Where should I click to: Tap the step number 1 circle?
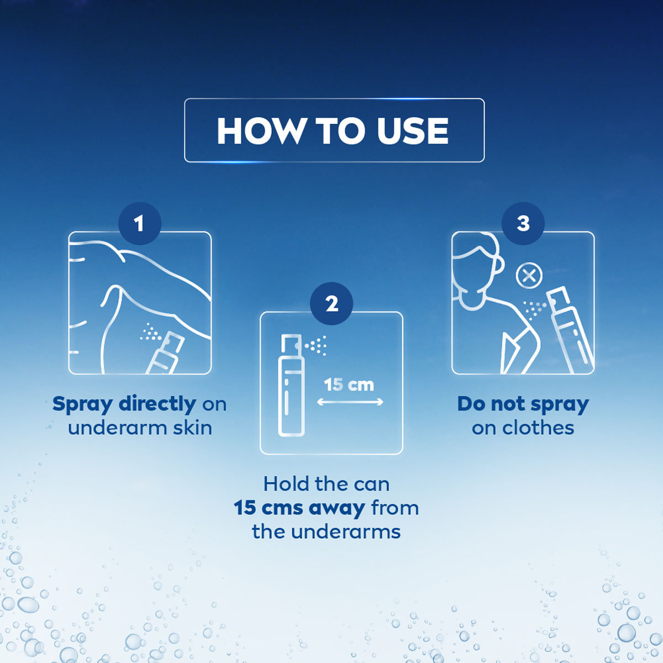click(139, 224)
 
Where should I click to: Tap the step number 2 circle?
click(331, 304)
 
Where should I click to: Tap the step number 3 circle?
click(523, 224)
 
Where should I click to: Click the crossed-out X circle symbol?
click(529, 276)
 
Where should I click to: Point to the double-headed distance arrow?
click(350, 403)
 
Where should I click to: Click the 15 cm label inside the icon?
click(349, 385)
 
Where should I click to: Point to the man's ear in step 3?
click(498, 265)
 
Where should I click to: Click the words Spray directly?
click(124, 404)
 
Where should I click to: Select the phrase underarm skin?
click(140, 428)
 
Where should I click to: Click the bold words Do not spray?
click(523, 404)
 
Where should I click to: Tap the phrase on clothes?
click(523, 428)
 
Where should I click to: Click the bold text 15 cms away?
click(299, 508)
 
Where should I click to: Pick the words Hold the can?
click(327, 484)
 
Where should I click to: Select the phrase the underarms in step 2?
click(327, 532)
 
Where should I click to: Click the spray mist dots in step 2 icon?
click(317, 346)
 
